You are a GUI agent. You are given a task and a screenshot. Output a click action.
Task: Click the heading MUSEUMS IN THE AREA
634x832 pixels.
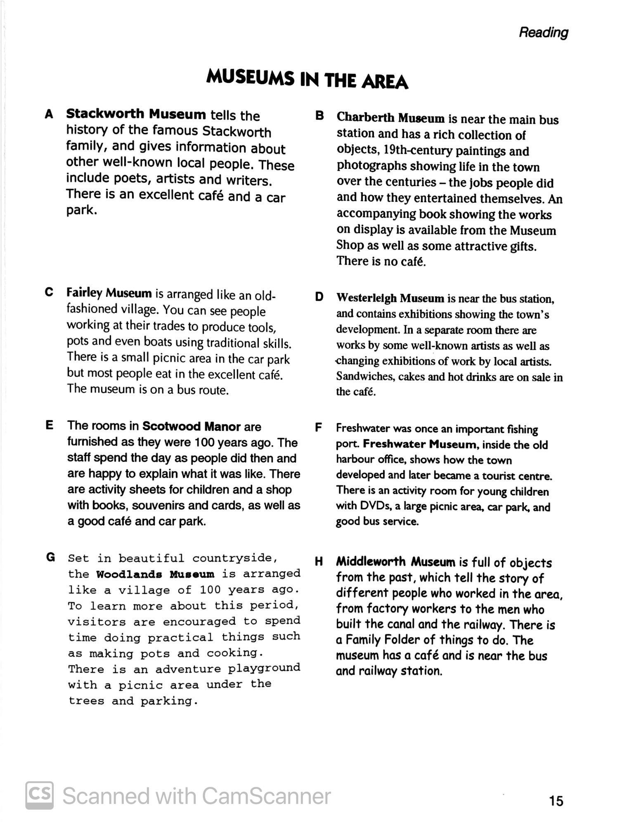click(307, 79)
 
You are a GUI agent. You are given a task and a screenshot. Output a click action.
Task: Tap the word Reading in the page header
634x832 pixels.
click(543, 32)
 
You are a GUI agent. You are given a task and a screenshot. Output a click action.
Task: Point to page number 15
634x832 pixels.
click(556, 801)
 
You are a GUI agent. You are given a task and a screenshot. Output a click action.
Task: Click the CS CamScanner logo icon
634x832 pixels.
click(40, 795)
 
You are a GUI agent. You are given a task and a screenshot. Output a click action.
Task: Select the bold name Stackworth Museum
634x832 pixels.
click(136, 114)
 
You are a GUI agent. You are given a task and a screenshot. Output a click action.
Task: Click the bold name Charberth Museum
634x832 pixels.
click(390, 118)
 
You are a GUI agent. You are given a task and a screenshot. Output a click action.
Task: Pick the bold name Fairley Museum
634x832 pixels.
click(109, 293)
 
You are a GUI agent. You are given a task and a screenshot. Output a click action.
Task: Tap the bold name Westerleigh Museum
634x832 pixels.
click(390, 298)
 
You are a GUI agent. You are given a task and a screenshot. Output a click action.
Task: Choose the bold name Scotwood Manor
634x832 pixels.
click(191, 426)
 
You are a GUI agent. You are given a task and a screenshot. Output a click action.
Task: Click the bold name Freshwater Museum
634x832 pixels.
click(420, 444)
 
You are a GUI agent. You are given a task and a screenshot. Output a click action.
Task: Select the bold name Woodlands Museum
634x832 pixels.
click(155, 574)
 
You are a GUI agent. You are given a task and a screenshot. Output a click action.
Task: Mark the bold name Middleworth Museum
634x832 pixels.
click(395, 562)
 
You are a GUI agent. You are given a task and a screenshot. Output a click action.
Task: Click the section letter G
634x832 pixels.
click(50, 558)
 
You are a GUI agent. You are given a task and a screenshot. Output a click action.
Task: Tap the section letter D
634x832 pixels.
click(319, 297)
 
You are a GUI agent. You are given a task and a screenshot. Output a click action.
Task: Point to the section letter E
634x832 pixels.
click(50, 425)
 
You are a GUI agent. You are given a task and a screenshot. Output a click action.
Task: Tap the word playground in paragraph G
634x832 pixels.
click(264, 668)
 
